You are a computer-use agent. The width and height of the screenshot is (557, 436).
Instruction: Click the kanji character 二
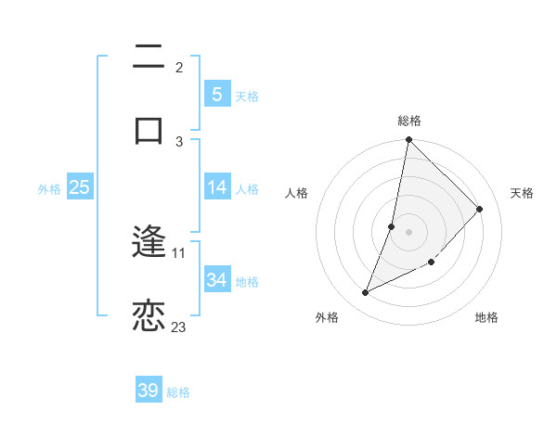[x=149, y=58]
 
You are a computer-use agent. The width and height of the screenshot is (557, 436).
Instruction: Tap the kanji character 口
[x=149, y=129]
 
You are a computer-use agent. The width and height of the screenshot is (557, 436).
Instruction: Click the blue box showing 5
[x=216, y=94]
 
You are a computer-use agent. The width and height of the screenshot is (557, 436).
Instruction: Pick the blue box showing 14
[x=216, y=187]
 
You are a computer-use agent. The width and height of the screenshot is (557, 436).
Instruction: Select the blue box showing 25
[x=79, y=187]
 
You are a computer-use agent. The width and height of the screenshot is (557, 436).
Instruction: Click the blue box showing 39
[x=149, y=391]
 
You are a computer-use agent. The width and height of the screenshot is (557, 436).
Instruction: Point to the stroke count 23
[x=178, y=327]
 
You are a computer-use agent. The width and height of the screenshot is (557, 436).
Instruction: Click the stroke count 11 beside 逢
[x=178, y=252]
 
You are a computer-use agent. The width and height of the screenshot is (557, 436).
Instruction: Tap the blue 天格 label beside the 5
[x=246, y=96]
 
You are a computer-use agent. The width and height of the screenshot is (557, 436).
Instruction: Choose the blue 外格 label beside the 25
[x=49, y=189]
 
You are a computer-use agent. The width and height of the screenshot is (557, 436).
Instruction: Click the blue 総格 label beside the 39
[x=178, y=392]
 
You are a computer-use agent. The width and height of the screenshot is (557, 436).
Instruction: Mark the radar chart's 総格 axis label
[x=409, y=121]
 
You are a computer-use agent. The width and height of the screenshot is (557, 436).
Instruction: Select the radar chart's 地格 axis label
[x=486, y=318]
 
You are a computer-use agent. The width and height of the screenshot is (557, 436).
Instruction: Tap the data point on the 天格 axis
[x=479, y=209]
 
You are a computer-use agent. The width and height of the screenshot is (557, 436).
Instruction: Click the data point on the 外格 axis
[x=366, y=293]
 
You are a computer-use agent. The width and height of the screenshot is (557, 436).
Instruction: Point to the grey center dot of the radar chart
[x=409, y=232]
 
